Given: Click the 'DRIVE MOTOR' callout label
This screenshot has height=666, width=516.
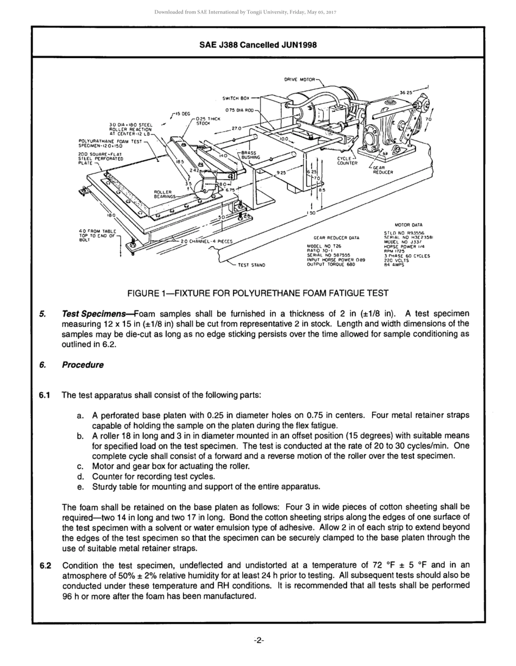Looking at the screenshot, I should tap(299, 80).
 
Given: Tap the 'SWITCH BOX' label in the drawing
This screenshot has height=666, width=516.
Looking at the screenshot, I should tap(236, 98).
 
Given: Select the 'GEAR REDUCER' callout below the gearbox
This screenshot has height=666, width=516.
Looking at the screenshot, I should tap(382, 170).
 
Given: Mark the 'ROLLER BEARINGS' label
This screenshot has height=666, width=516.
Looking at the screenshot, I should tap(165, 194).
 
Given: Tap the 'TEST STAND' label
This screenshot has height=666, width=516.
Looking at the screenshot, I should tap(251, 265).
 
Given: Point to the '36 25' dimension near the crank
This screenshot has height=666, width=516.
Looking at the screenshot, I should tap(406, 93).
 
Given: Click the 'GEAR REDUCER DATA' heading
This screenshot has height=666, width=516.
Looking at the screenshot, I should tap(336, 237).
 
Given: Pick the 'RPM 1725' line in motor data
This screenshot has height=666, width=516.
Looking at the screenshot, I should tap(393, 251).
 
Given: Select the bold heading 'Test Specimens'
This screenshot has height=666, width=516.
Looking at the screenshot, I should tap(97, 313).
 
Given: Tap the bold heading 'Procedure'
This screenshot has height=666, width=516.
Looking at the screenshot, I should tap(83, 365).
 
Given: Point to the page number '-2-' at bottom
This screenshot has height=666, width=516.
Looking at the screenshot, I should tap(259, 640).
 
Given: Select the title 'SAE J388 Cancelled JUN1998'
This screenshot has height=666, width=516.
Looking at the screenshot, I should tap(258, 45).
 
